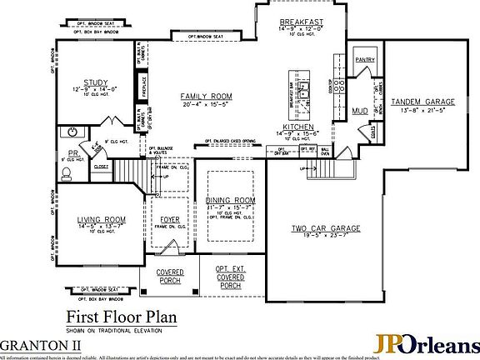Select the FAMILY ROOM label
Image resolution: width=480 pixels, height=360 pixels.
(x=206, y=97)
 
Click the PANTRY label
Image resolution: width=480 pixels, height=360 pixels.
(x=365, y=60)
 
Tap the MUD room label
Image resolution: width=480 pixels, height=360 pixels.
(x=360, y=110)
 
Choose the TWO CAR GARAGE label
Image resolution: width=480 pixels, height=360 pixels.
(x=325, y=228)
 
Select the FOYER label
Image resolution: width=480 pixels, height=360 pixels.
(x=170, y=220)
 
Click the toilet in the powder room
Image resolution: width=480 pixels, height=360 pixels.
(x=67, y=174)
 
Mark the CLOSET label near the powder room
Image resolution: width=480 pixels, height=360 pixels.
(x=101, y=167)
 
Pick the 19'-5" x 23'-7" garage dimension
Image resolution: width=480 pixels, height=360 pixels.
(x=325, y=236)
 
